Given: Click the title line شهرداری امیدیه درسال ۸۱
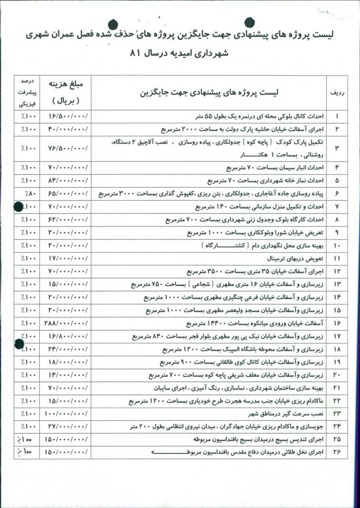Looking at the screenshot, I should point(178,56).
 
